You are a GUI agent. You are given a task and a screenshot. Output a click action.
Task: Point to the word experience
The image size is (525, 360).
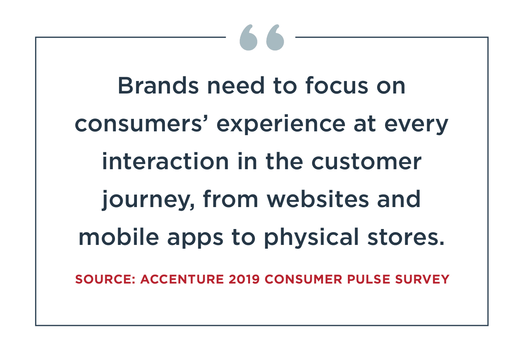click(x=281, y=125)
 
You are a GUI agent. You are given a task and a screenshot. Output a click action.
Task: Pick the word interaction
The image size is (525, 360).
click(x=165, y=161)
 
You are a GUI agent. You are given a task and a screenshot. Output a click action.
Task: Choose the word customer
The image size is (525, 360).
click(x=367, y=162)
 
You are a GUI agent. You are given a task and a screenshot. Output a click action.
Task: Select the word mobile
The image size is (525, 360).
click(x=119, y=237)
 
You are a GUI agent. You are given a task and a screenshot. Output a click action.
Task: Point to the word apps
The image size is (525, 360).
click(x=195, y=239)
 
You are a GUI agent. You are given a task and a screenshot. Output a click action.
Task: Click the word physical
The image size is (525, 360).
click(x=312, y=238)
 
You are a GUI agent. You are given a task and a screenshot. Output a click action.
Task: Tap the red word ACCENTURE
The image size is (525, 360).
click(x=182, y=279)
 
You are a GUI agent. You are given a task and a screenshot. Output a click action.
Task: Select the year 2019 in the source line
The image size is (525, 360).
click(x=244, y=279)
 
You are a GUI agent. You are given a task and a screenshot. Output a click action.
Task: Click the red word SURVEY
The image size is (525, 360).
click(x=422, y=279)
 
